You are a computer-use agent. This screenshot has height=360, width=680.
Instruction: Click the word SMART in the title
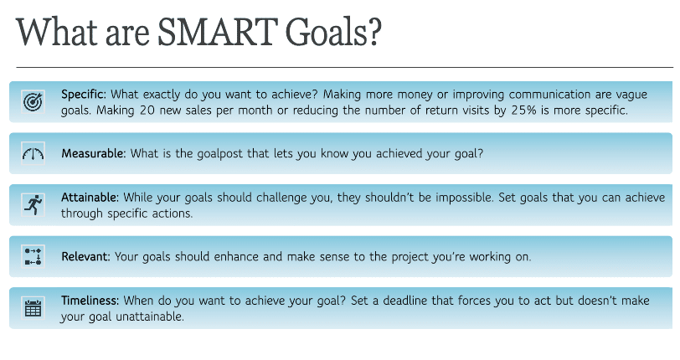point(217,32)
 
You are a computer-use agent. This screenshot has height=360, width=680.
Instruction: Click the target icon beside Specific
point(33,102)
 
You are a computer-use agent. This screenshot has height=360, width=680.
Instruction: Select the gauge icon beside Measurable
point(33,153)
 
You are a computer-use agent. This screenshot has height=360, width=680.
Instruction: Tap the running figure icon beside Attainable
point(33,205)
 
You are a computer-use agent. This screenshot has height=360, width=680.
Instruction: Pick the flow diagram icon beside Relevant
point(33,256)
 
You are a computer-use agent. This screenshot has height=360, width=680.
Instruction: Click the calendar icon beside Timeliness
point(33,308)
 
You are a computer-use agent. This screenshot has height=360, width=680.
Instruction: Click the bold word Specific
point(83,95)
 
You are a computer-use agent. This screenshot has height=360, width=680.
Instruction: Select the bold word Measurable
point(93,153)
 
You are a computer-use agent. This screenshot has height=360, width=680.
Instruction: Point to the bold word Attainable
point(90,198)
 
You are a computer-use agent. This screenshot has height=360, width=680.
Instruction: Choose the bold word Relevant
point(85,256)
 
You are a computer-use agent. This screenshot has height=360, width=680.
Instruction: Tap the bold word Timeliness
point(90,301)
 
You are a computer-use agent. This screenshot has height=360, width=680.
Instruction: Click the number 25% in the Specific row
point(523,111)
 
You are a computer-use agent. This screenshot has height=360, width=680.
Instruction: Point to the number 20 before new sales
point(147,111)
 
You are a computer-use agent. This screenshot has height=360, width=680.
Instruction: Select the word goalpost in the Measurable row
point(220,154)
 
